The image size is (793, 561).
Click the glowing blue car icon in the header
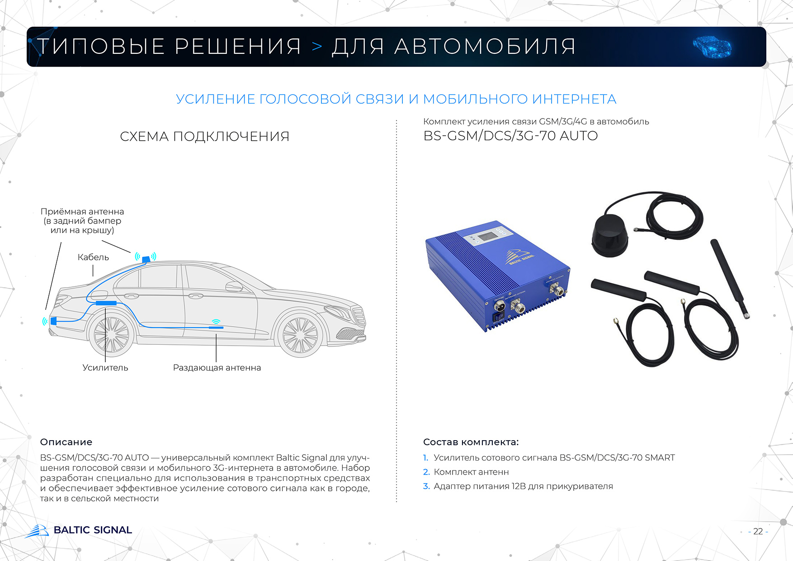[712, 47]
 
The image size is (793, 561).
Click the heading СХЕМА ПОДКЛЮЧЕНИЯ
[204, 136]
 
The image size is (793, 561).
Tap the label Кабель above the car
[93, 257]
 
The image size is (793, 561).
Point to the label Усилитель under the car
[105, 367]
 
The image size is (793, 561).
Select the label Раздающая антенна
[217, 367]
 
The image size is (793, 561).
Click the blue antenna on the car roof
[146, 259]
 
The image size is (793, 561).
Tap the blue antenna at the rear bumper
[53, 321]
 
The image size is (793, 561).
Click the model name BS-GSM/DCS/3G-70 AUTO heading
[510, 136]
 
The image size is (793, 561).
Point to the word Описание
[66, 442]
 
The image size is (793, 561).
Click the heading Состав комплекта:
[471, 442]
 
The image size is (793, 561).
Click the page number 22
[758, 532]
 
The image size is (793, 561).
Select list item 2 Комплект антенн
[471, 472]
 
